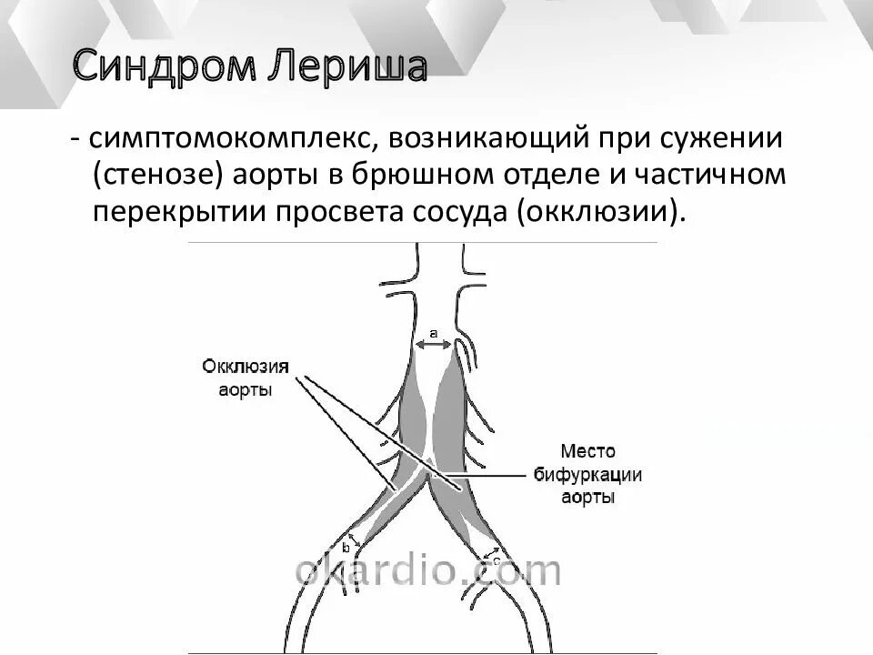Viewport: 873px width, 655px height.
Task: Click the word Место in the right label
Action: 588,451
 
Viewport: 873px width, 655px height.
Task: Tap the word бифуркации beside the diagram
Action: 588,475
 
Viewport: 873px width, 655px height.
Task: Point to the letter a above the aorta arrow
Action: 434,334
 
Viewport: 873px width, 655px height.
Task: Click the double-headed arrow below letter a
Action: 434,346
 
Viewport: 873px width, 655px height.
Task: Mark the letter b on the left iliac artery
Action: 346,548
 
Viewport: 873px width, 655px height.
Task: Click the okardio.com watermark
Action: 427,571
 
